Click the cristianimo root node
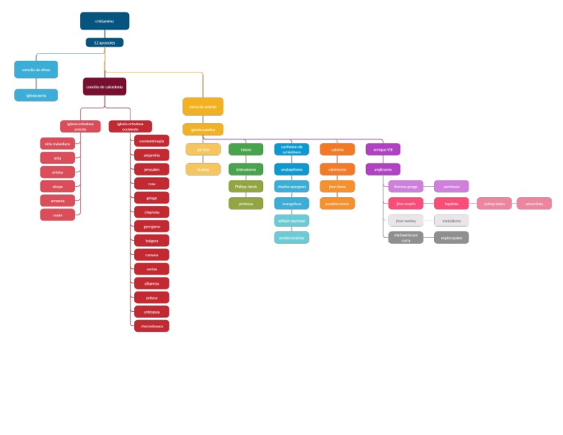(x=104, y=21)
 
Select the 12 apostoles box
(x=104, y=42)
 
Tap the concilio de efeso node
(x=36, y=70)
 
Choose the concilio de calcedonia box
(x=104, y=86)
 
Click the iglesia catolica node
(x=203, y=130)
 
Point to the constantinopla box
(x=152, y=140)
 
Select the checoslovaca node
(x=152, y=326)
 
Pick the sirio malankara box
(x=57, y=144)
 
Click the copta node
(x=57, y=215)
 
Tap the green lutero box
(x=246, y=149)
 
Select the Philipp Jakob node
(x=246, y=186)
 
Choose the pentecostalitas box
(x=292, y=237)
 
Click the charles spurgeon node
(x=292, y=186)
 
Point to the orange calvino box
(x=337, y=149)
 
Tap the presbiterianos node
(x=337, y=204)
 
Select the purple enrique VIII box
(x=383, y=149)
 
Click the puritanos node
(x=452, y=186)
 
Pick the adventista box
(x=534, y=204)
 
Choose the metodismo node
(x=452, y=220)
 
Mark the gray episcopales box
(x=452, y=237)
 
